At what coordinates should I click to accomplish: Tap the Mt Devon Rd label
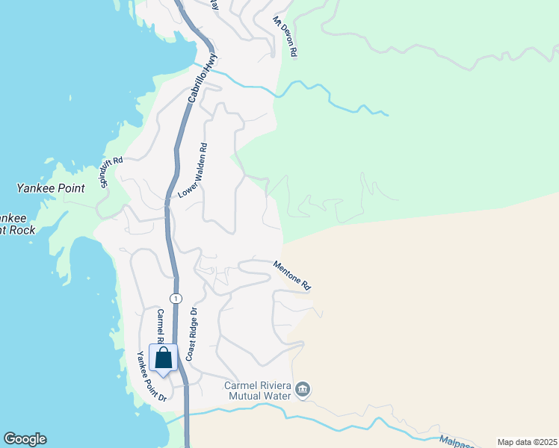(x=285, y=37)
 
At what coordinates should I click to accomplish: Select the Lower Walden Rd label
(x=193, y=171)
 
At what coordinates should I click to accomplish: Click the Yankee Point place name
(x=51, y=188)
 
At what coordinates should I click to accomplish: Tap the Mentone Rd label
(x=291, y=275)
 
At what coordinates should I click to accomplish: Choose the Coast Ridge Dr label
(x=191, y=335)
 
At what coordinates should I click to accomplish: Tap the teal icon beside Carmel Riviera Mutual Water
(x=303, y=390)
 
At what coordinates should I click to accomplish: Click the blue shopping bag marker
(x=163, y=358)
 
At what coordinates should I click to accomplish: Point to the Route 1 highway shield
(x=176, y=298)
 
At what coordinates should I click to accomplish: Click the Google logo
(x=25, y=439)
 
